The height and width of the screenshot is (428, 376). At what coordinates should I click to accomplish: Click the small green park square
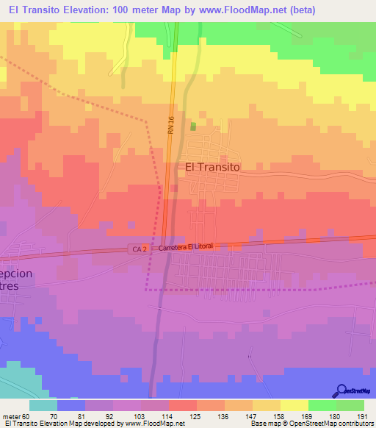[x=193, y=126]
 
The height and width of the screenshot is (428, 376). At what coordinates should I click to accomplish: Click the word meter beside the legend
[x=12, y=416]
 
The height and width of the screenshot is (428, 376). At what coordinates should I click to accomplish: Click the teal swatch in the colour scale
[x=44, y=405]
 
